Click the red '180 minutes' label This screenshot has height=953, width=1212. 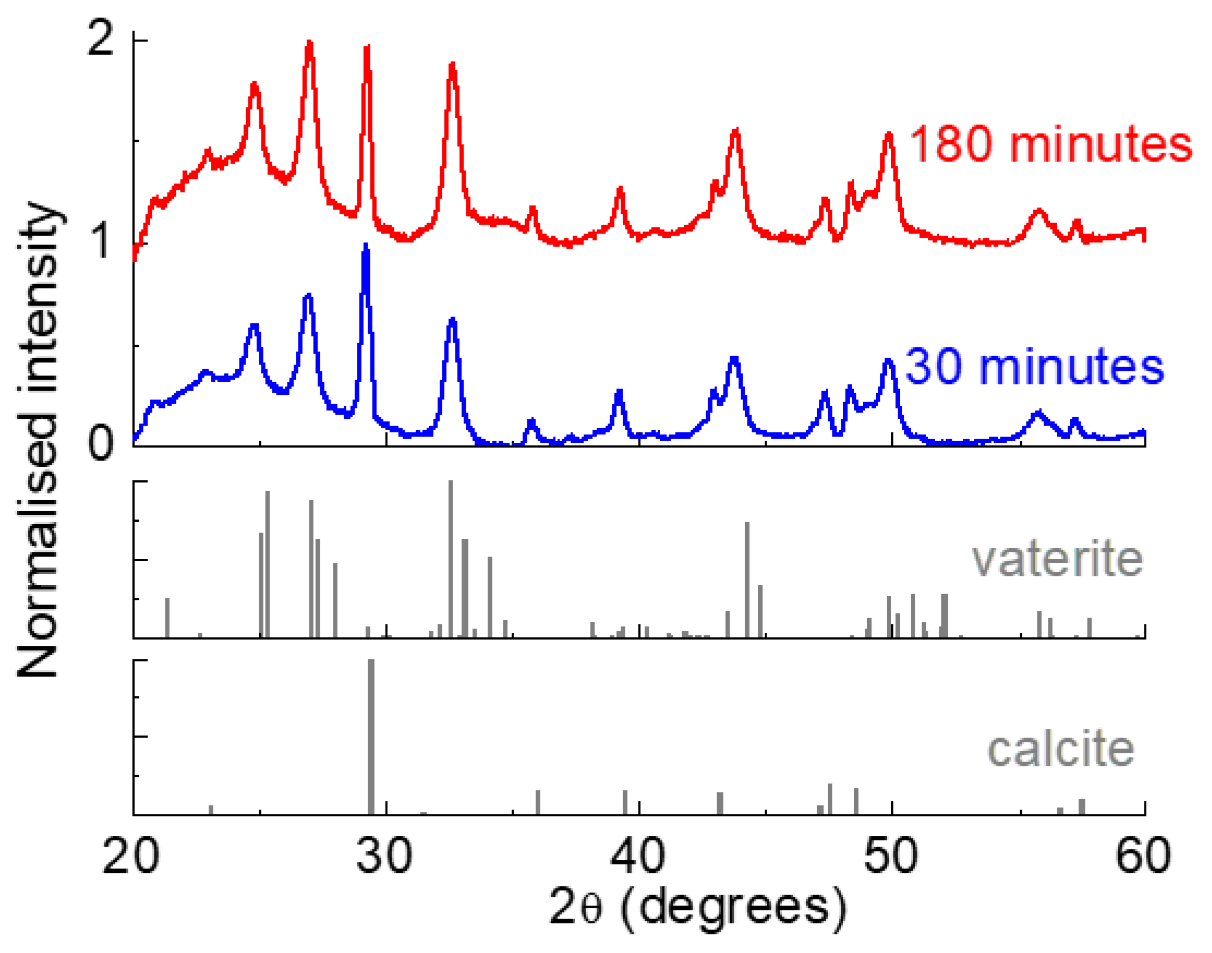pyautogui.click(x=1050, y=144)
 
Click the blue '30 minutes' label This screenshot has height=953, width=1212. pyautogui.click(x=1034, y=367)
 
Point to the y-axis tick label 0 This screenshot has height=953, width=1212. pyautogui.click(x=101, y=444)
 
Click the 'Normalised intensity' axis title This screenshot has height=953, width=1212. pyautogui.click(x=38, y=441)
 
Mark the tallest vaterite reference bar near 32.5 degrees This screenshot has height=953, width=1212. pyautogui.click(x=450, y=558)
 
